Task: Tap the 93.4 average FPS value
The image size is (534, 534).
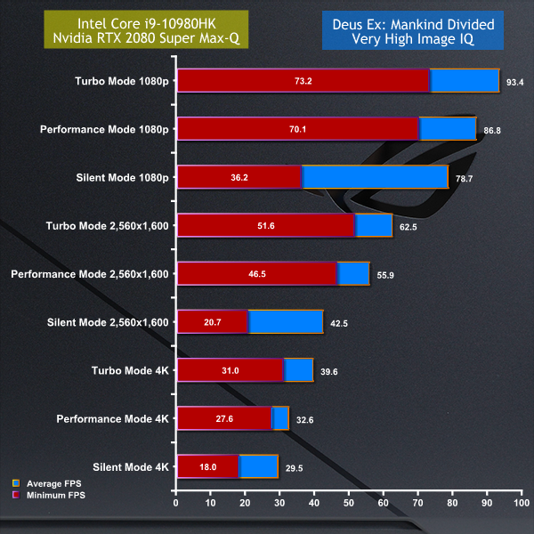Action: [514, 81]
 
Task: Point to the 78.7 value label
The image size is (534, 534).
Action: [463, 177]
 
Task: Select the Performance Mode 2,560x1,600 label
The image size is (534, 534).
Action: [90, 273]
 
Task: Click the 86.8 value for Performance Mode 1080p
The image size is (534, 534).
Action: [491, 129]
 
